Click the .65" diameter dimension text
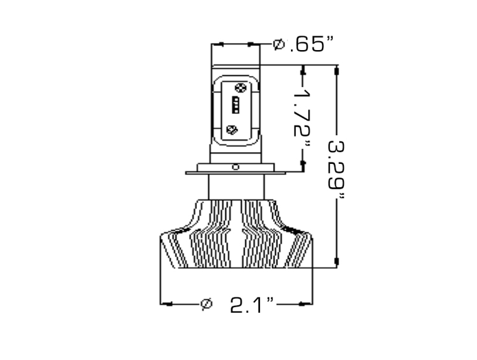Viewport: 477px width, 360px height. (311, 45)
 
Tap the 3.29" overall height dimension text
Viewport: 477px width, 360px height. (336, 169)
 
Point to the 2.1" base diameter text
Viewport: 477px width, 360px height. (252, 305)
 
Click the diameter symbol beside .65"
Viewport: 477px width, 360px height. (278, 44)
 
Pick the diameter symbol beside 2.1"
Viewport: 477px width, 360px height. (206, 304)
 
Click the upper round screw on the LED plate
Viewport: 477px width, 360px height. (240, 88)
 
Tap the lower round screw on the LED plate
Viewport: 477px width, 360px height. (233, 130)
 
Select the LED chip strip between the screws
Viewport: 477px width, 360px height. (235, 105)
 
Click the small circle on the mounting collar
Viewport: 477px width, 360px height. (236, 167)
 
